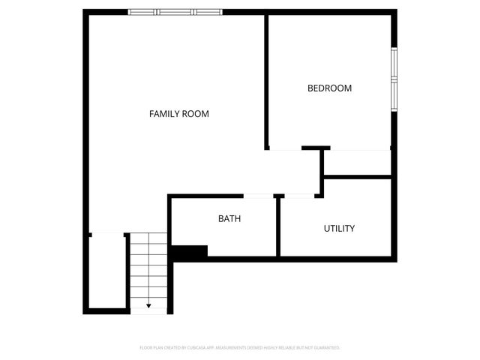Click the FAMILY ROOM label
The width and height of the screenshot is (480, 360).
point(178,114)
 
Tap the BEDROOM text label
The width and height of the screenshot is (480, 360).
point(329,88)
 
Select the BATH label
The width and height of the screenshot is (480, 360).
point(229,219)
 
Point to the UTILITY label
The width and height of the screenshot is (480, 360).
point(339,229)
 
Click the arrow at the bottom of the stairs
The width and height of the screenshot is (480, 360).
point(148,305)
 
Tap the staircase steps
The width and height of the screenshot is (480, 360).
point(148,270)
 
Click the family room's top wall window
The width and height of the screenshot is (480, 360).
point(176,12)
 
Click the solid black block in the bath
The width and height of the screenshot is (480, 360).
point(189,253)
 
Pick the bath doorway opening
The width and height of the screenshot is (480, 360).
point(259,196)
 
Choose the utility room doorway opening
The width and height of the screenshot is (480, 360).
point(298,196)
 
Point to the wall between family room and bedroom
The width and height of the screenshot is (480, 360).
point(266,79)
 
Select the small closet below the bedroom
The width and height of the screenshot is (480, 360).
point(357,163)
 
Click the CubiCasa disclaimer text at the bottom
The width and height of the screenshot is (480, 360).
point(240,348)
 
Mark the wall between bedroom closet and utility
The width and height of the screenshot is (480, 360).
point(357,177)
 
